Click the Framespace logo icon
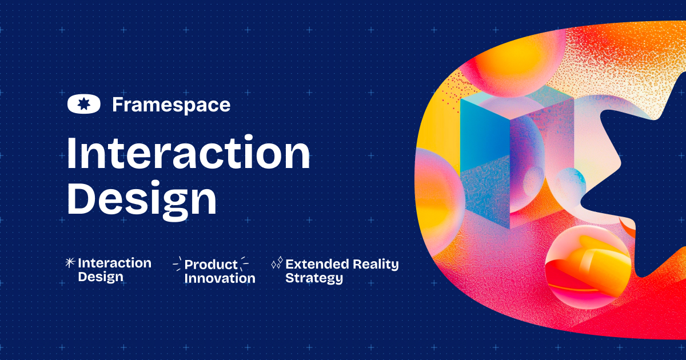pos(84,105)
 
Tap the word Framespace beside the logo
pos(171,105)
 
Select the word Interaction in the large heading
pos(188,154)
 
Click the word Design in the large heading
pos(142,198)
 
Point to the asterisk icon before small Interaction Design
pos(70,263)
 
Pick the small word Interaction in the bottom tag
pos(114,263)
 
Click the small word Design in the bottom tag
pos(101,277)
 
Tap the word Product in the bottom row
pos(211,265)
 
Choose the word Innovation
pos(220,278)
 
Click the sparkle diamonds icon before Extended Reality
pos(277,263)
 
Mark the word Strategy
pos(314,278)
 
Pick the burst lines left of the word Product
pos(177,264)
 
